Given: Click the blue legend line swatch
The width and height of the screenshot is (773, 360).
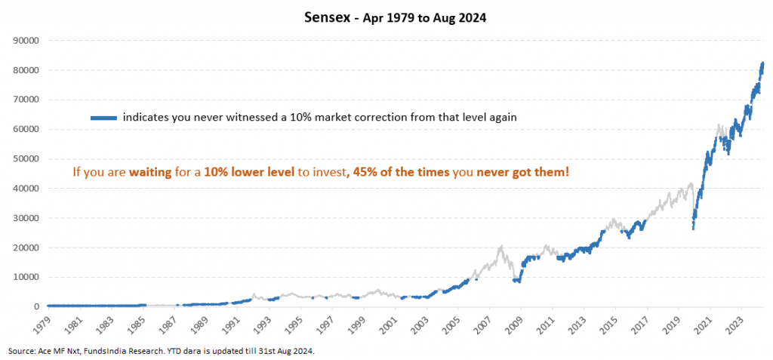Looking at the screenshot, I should click(x=103, y=118).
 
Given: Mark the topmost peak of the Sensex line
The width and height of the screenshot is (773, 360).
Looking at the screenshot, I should click(x=762, y=63).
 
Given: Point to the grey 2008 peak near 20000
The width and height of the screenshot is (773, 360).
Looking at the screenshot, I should click(x=500, y=246).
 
